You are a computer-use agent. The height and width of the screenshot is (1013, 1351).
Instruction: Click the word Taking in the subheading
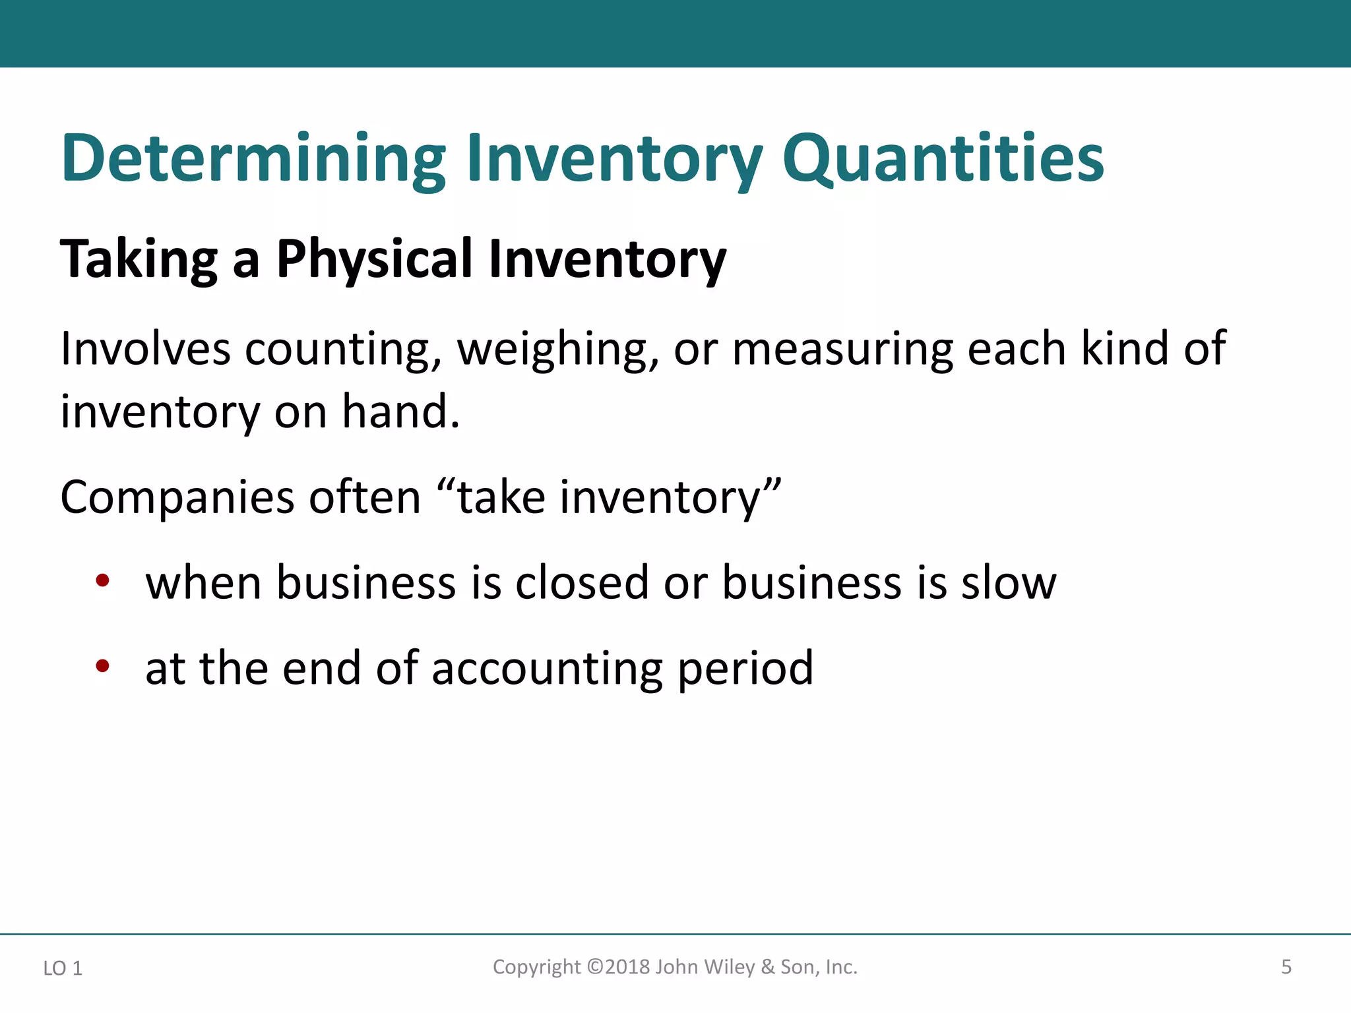[x=139, y=259]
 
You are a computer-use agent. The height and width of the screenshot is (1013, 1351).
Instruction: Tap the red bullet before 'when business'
[x=102, y=581]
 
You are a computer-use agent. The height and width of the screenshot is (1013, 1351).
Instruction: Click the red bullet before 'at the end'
[x=102, y=666]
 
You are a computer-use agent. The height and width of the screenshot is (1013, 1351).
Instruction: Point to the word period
[x=745, y=669]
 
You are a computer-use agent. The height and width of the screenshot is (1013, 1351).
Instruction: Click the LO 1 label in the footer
[x=63, y=968]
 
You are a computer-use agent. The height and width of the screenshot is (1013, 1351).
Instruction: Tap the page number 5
[x=1286, y=967]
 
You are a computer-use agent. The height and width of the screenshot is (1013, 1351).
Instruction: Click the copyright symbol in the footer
[x=595, y=967]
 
